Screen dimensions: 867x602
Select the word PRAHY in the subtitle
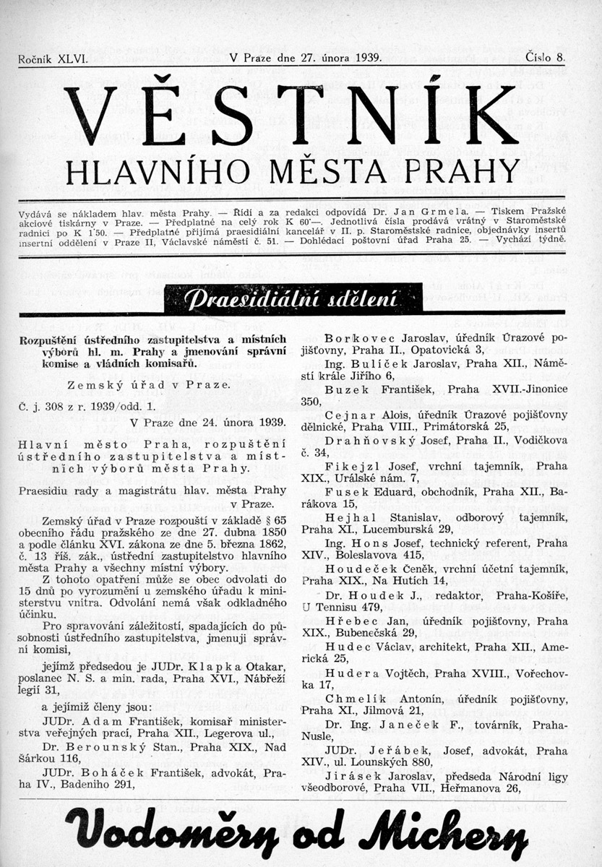[x=474, y=171]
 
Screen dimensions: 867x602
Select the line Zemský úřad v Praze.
[x=147, y=385]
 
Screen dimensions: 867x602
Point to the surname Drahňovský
[x=363, y=441]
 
